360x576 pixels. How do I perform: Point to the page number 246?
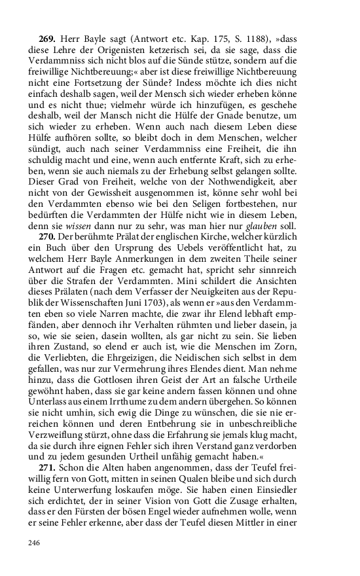tap(35, 543)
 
